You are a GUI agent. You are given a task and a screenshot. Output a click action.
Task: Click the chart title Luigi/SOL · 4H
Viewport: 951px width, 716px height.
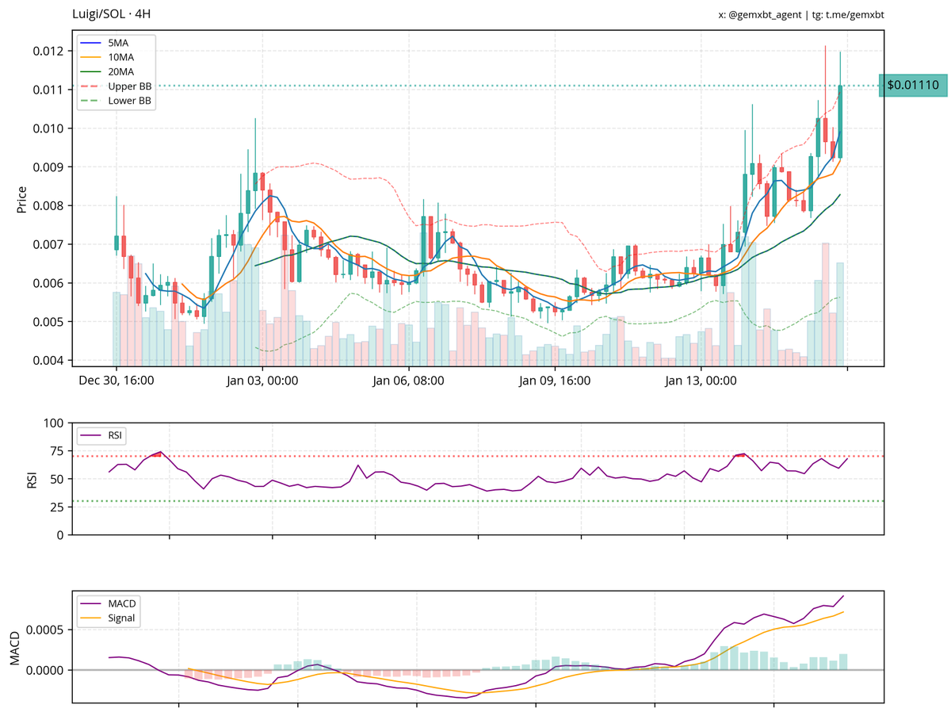112,14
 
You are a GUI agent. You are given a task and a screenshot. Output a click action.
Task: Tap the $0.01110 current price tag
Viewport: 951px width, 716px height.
912,85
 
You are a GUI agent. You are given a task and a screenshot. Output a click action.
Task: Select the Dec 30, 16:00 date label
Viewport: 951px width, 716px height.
116,381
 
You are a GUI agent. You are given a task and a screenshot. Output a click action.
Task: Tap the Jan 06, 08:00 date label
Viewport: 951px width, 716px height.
409,381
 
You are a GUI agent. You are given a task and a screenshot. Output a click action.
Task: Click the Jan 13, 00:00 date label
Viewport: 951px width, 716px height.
701,381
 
